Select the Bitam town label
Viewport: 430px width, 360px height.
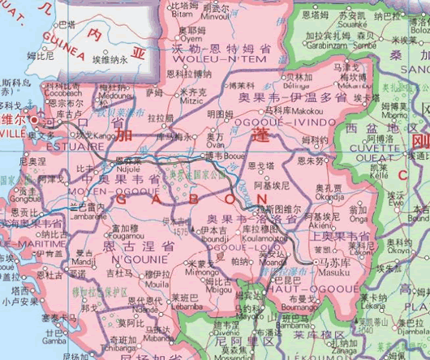click(x=183, y=14)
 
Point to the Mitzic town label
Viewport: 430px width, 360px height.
click(x=192, y=101)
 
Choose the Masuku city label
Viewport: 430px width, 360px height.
click(x=332, y=272)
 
